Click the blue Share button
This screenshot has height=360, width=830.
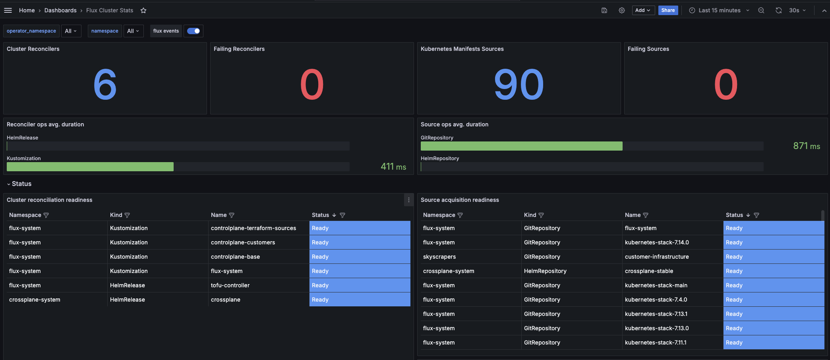tap(668, 10)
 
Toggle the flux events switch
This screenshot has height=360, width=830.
tap(193, 31)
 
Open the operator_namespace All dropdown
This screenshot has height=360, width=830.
tap(71, 31)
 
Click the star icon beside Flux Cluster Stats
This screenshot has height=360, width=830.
tap(143, 10)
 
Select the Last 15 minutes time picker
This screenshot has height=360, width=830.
tap(720, 10)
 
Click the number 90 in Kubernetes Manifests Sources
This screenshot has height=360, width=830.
tap(519, 84)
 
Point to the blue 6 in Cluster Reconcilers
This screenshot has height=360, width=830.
tap(105, 84)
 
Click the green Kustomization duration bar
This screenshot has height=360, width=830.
tap(90, 167)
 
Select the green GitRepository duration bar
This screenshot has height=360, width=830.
tap(521, 146)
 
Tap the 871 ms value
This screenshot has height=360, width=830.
tap(806, 146)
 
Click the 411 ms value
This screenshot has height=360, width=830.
tap(393, 167)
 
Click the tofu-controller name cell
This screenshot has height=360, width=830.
tap(230, 285)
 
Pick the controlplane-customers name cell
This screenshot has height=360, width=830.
tap(243, 242)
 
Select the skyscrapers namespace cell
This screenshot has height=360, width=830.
tap(439, 257)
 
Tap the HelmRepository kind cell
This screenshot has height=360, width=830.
tap(545, 271)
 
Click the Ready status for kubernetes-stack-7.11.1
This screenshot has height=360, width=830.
tap(734, 343)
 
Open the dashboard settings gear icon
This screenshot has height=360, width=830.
tap(622, 10)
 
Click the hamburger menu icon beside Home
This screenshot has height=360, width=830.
tap(8, 10)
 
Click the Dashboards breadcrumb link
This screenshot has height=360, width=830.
tap(60, 10)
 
